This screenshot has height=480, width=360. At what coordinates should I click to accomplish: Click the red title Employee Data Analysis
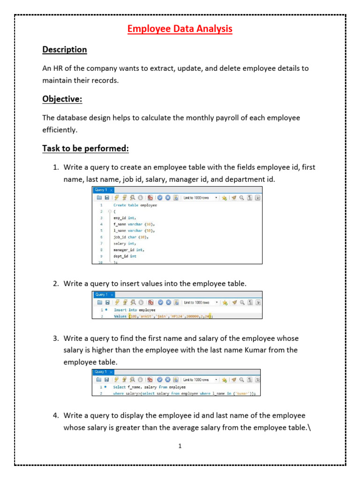click(x=180, y=29)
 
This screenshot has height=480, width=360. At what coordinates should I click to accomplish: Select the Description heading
click(x=65, y=50)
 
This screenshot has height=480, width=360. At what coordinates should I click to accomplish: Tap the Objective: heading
click(x=62, y=99)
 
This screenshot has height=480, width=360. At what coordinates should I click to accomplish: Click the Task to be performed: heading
click(x=85, y=149)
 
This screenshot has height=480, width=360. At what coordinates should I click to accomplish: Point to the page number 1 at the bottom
click(x=180, y=446)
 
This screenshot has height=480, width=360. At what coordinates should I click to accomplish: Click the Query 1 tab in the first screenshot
click(x=101, y=190)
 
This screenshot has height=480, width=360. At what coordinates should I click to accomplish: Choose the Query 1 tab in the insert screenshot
click(x=101, y=294)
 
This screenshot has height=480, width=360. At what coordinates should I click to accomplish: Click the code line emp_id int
click(x=125, y=218)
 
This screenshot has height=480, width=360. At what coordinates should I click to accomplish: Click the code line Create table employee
click(x=135, y=205)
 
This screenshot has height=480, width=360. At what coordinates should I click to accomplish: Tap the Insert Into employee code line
click(x=135, y=310)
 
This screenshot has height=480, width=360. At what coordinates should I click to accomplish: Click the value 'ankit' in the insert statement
click(x=149, y=316)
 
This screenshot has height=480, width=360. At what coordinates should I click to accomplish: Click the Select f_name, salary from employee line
click(x=149, y=387)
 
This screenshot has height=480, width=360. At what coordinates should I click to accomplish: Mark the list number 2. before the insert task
click(x=55, y=284)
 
